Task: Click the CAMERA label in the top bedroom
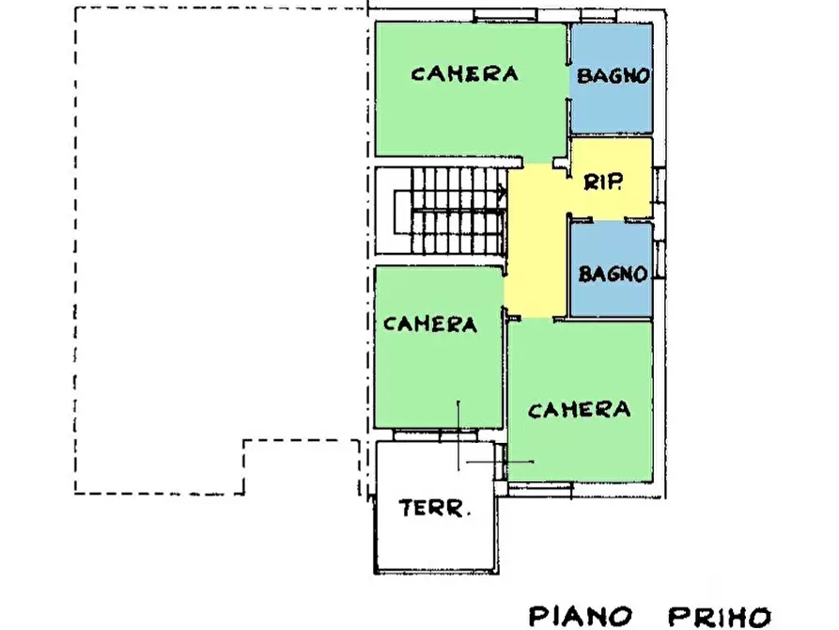(x=464, y=74)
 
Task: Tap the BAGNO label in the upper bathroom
(x=613, y=77)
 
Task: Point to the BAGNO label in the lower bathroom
(x=613, y=275)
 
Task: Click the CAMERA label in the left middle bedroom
(x=430, y=324)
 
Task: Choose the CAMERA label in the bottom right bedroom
(x=578, y=410)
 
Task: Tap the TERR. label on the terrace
(x=435, y=510)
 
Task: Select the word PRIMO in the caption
(x=719, y=616)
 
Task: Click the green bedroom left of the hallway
(x=437, y=376)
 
